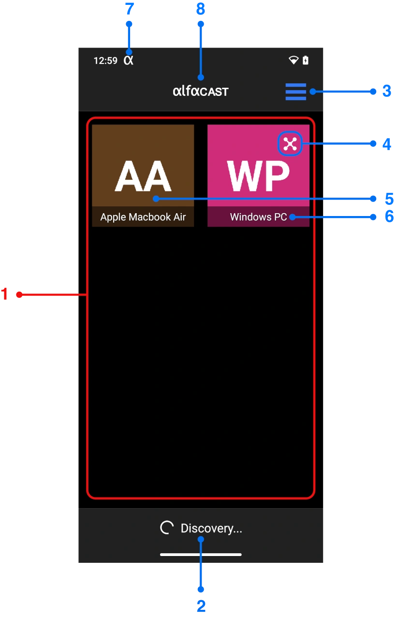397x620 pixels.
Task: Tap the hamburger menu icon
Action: pos(295,92)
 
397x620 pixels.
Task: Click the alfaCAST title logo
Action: pos(200,91)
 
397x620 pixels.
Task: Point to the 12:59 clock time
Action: pos(105,61)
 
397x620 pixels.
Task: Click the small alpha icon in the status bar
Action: pos(128,60)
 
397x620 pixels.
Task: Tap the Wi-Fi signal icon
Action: pos(293,60)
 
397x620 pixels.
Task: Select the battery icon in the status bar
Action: pos(306,60)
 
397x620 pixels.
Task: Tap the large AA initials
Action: pos(143,176)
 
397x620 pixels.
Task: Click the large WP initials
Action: pos(258,176)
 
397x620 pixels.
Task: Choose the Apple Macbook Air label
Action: pos(143,217)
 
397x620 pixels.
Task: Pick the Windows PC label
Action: pos(258,217)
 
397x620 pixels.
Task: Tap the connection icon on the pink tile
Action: pos(290,144)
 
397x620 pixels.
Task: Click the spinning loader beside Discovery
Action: pos(167,528)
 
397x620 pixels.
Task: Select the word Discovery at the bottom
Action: pos(211,528)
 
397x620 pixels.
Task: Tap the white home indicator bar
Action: pos(201,554)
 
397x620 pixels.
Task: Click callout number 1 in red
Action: pos(4,294)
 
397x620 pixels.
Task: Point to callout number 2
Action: pos(201,605)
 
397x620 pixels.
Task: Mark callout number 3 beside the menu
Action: pos(386,91)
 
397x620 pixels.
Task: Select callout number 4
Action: pos(386,143)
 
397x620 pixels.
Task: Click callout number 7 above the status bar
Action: pos(129,8)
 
